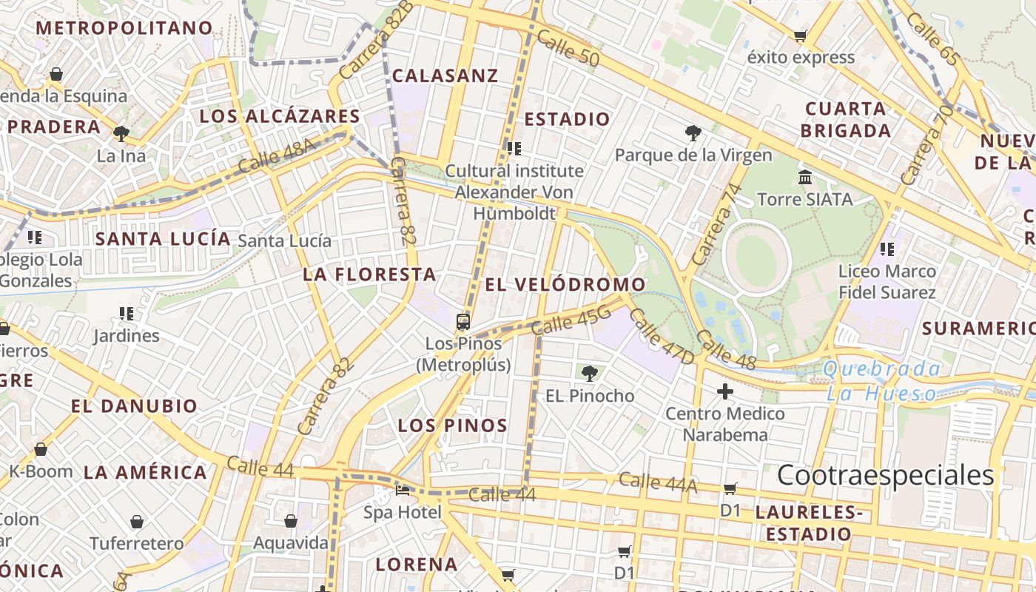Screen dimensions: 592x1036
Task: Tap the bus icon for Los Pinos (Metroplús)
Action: click(463, 322)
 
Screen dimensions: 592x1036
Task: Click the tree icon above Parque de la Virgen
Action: click(693, 133)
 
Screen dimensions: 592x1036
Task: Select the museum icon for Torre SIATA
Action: click(805, 178)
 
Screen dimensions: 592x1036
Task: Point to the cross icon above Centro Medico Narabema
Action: click(725, 391)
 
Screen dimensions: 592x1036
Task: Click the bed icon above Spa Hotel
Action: click(403, 490)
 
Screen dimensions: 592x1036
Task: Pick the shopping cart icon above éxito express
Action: click(800, 36)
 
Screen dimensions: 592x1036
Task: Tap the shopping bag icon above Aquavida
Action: click(291, 521)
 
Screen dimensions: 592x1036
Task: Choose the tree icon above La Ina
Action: click(121, 134)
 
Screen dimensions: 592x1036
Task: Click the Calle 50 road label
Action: click(568, 49)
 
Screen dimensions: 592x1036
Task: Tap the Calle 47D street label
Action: click(662, 337)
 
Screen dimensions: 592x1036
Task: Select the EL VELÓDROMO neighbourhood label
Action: click(565, 285)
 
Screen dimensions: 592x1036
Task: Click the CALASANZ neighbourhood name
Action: click(445, 75)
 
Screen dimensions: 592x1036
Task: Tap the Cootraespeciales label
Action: click(885, 475)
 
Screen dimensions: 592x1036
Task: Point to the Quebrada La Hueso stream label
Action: click(882, 381)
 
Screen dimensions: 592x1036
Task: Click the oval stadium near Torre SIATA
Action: click(756, 258)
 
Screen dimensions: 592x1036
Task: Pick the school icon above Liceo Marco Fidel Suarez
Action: click(887, 249)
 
